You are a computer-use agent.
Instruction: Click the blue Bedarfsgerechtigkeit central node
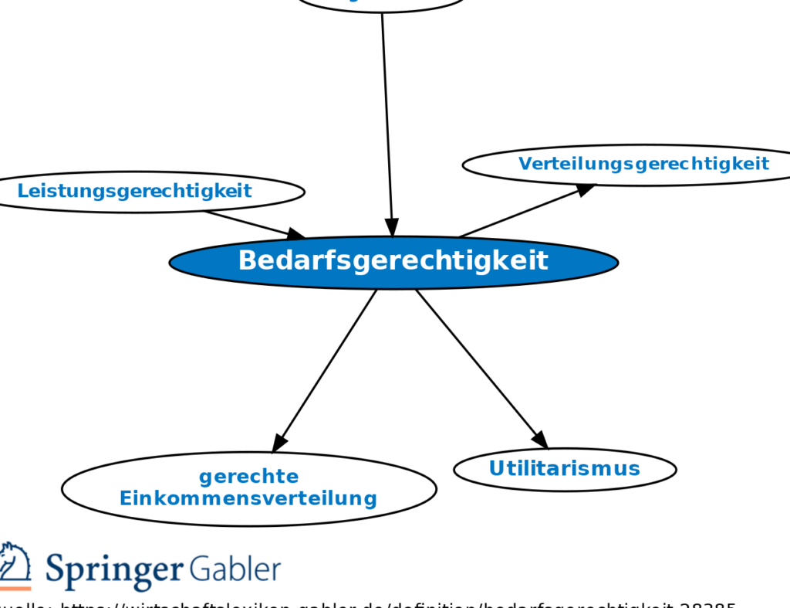point(393,262)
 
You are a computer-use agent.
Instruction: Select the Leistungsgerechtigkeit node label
point(135,191)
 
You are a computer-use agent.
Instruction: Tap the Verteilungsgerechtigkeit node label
point(643,164)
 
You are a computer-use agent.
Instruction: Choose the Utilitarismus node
point(565,469)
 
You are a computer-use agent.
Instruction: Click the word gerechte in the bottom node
point(248,476)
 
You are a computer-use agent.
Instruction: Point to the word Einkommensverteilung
point(248,498)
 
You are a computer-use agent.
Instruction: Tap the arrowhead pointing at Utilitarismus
point(540,440)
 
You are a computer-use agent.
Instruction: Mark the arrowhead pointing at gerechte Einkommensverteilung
point(279,443)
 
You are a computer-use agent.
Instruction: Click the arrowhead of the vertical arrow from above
point(391,227)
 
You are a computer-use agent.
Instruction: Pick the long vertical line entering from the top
point(387,116)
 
